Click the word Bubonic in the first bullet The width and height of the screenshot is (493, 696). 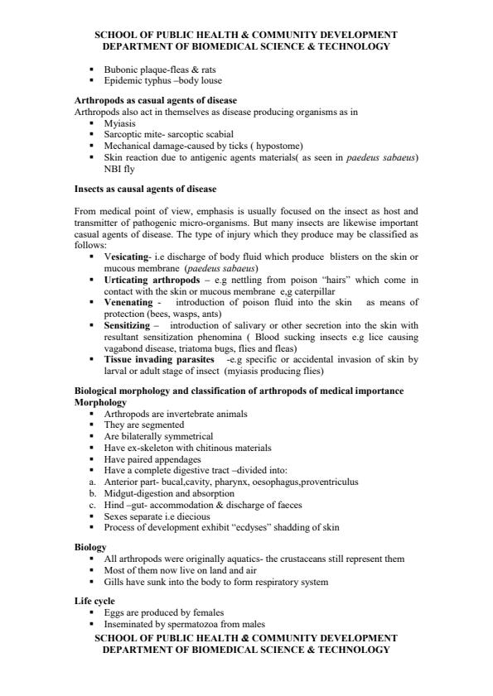[118, 71]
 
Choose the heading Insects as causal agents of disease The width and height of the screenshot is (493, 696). [145, 190]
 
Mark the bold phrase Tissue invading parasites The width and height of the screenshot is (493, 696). [156, 360]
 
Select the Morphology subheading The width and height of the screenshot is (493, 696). [100, 402]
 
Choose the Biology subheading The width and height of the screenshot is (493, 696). [89, 548]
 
